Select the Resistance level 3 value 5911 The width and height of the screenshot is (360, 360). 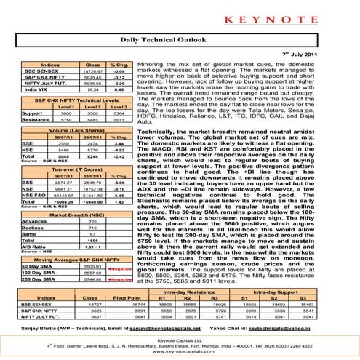pos(115,119)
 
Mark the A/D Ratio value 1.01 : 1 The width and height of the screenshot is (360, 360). pos(91,247)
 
